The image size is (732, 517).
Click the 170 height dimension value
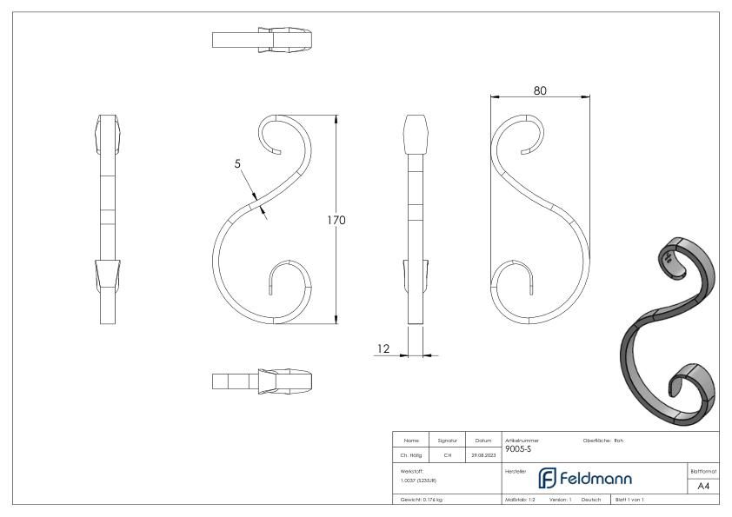(x=336, y=220)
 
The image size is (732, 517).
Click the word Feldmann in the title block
(x=582, y=479)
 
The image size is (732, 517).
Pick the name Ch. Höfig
(x=409, y=452)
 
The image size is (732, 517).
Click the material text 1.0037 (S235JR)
(x=420, y=479)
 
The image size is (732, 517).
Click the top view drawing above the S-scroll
(x=263, y=40)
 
